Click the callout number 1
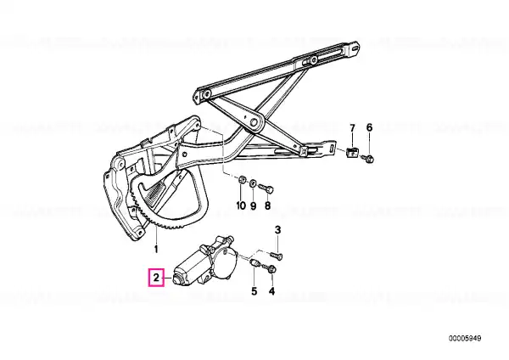[x=156, y=250]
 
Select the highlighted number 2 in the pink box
[x=156, y=278]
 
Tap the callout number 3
[x=277, y=230]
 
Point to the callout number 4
[x=271, y=291]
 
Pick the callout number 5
[x=254, y=291]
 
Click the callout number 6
[x=369, y=127]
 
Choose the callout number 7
[x=353, y=127]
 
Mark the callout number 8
[x=267, y=205]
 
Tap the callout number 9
[x=253, y=205]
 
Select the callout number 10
[x=241, y=205]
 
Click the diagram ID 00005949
[x=465, y=339]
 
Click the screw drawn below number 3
[x=277, y=256]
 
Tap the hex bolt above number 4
[x=271, y=268]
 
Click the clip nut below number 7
[x=352, y=152]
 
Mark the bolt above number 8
[x=266, y=188]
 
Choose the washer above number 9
[x=254, y=183]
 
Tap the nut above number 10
[x=242, y=180]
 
